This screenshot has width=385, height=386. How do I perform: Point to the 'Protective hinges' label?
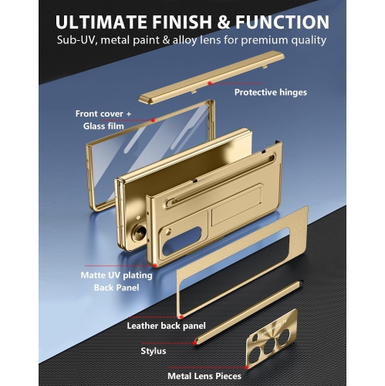pyautogui.click(x=271, y=93)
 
